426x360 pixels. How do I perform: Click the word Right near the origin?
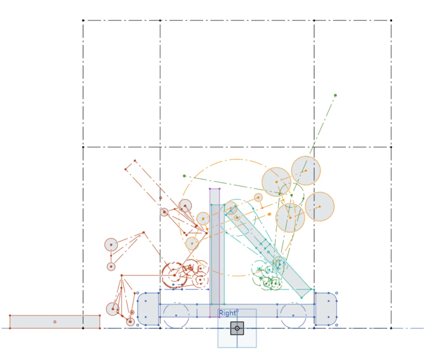pos(227,313)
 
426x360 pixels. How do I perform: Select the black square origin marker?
pos(237,328)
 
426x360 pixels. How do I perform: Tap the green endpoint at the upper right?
pos(335,95)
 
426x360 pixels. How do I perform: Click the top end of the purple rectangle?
pos(214,189)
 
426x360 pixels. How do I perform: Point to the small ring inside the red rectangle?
pos(55,322)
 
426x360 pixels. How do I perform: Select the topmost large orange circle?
pos(306,171)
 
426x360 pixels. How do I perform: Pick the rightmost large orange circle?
pos(320,206)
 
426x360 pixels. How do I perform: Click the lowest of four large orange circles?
pos(290,217)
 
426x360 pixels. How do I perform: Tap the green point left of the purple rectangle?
pos(184,176)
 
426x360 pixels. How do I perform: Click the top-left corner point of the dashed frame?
pos(83,21)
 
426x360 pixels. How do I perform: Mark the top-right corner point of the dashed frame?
pos(391,21)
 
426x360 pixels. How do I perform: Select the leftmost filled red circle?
pos(111,245)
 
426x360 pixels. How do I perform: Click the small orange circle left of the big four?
pos(259,198)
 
